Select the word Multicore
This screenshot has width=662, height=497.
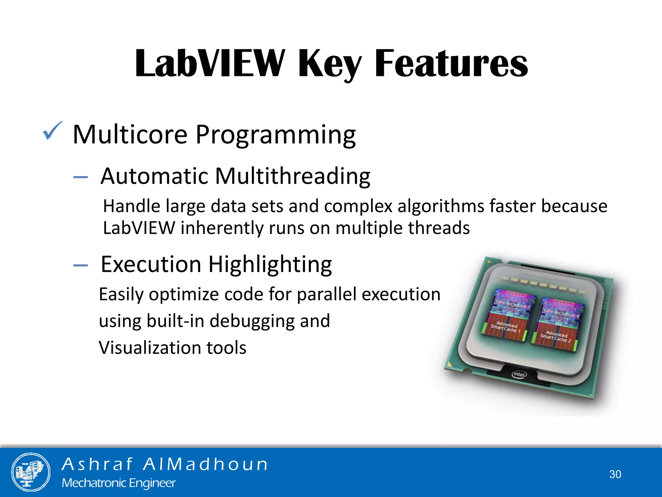point(130,134)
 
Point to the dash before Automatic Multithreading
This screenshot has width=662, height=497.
point(80,177)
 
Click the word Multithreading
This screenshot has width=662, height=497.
point(293,176)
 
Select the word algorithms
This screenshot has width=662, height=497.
point(441,206)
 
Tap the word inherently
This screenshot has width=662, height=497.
point(222,228)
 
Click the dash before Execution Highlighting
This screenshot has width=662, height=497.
point(80,265)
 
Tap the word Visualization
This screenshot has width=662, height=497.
point(150,348)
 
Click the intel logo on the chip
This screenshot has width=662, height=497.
point(519,374)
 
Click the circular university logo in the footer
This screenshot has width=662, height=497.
point(31,472)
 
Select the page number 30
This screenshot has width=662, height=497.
point(615,474)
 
